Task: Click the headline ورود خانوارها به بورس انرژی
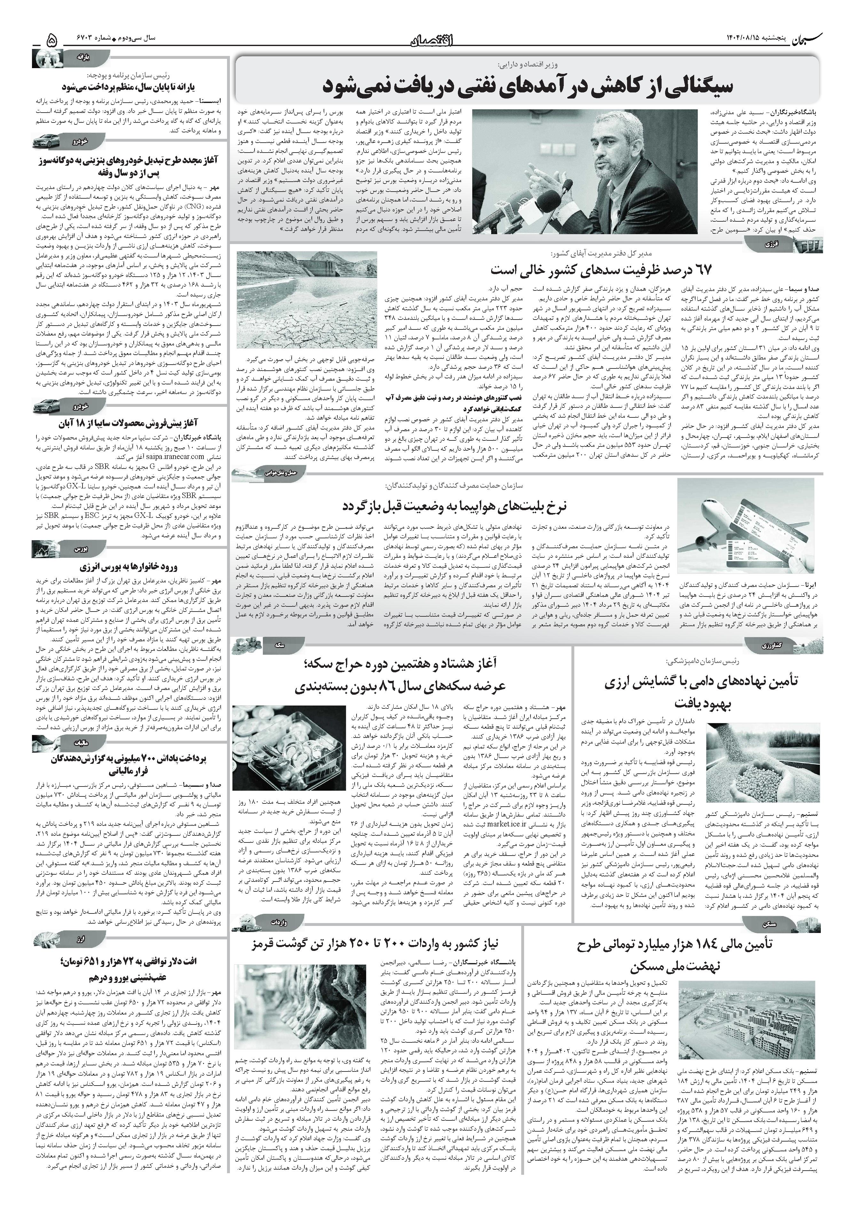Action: point(131,567)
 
